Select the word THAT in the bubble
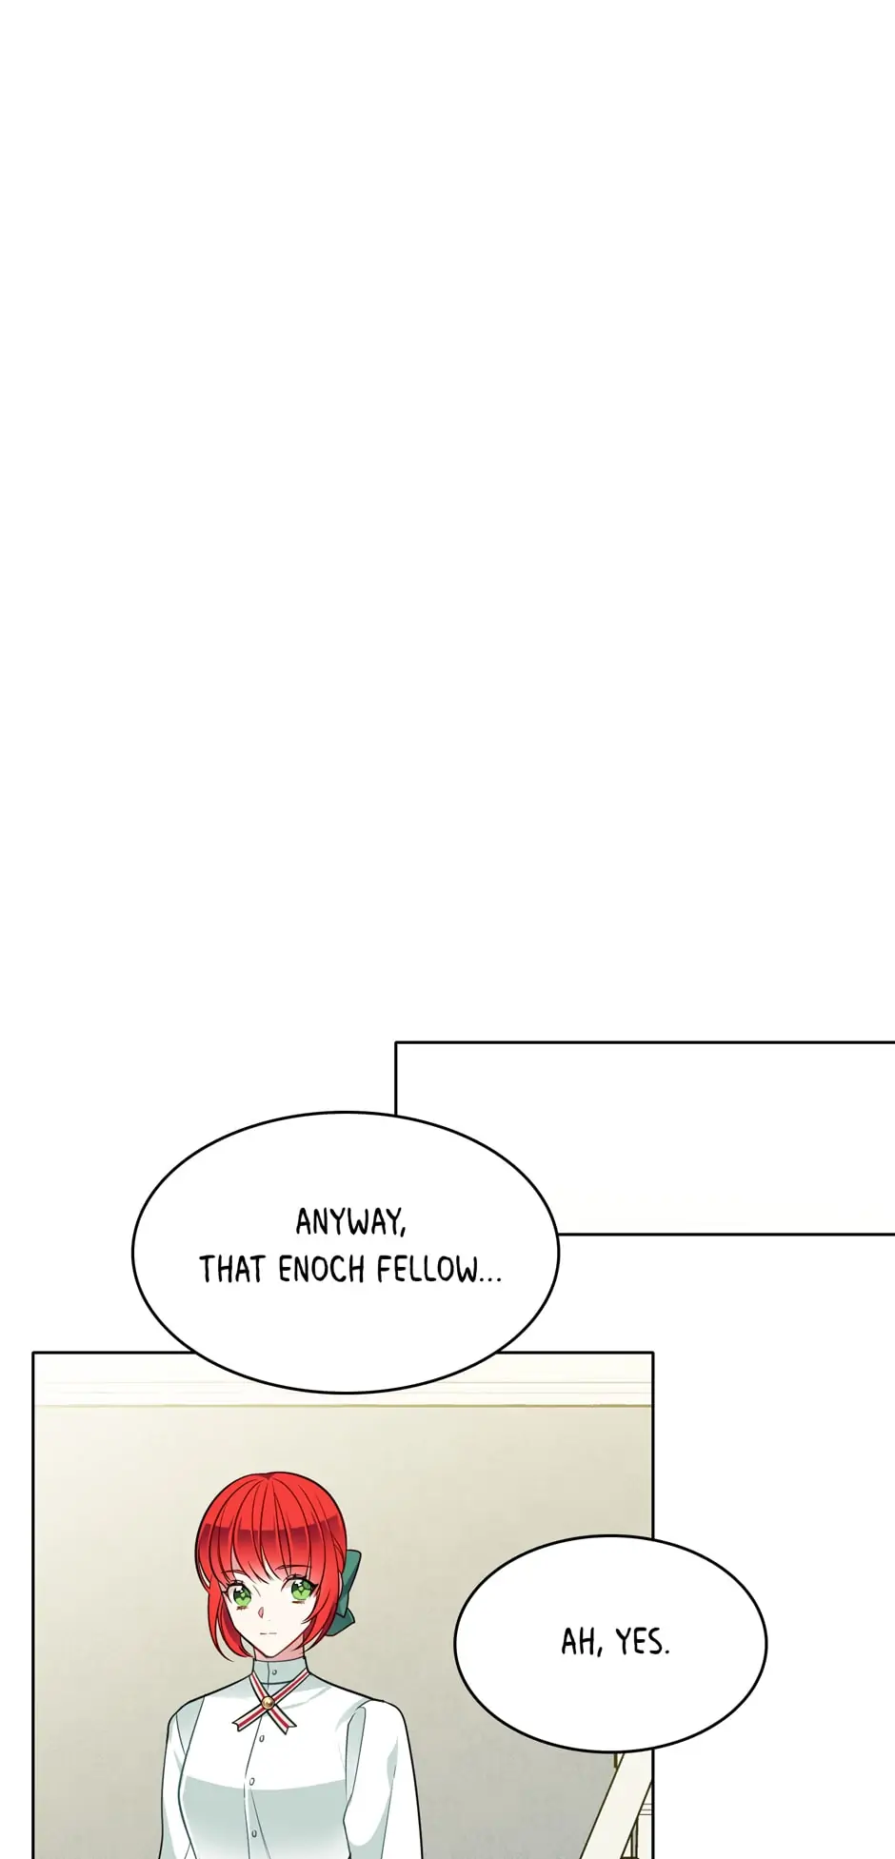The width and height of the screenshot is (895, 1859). click(x=231, y=1270)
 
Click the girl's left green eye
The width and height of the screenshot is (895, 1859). click(x=240, y=1591)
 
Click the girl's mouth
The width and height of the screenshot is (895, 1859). click(x=270, y=1633)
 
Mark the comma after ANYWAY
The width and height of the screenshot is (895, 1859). click(x=402, y=1234)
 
